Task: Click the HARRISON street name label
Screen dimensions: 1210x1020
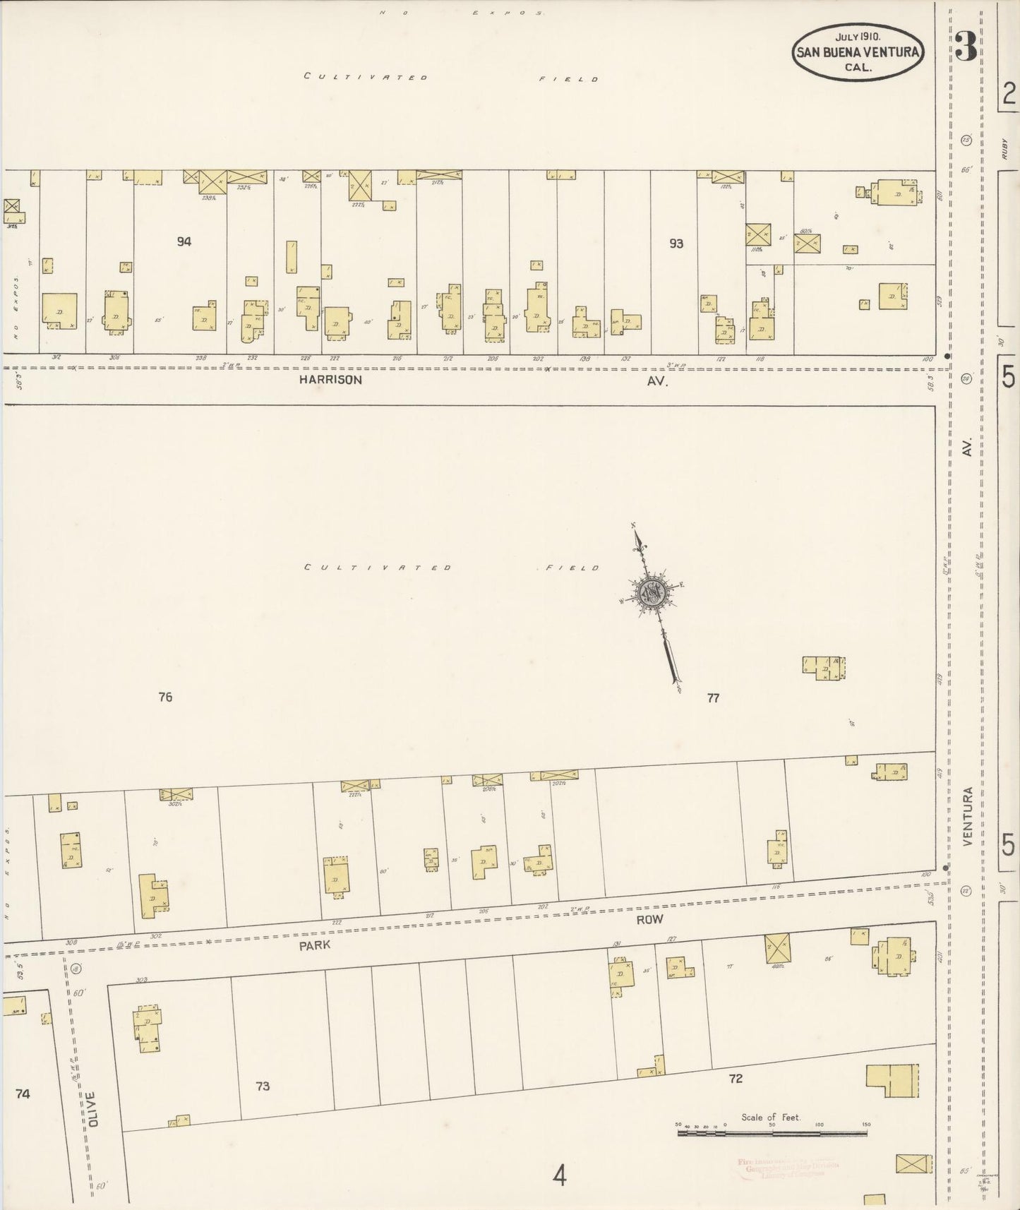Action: (330, 380)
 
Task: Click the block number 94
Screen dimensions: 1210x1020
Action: (184, 241)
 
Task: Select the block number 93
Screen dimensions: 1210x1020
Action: (676, 244)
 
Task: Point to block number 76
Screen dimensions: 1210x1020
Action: (165, 697)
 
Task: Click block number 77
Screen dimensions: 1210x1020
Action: (713, 697)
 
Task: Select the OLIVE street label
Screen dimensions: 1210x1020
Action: (92, 1130)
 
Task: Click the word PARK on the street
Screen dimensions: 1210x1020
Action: (315, 946)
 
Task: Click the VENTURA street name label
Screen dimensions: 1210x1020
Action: (967, 817)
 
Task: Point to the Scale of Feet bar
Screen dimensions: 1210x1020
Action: (772, 1133)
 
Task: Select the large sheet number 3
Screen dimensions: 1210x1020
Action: (966, 47)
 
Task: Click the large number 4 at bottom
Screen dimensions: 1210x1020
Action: (560, 1177)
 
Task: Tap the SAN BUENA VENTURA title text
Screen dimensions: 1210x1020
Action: (857, 52)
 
